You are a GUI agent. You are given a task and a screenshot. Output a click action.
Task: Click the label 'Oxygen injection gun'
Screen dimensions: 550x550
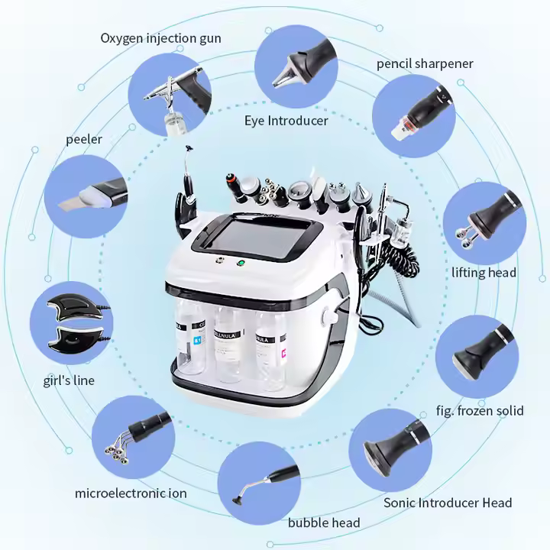click(161, 38)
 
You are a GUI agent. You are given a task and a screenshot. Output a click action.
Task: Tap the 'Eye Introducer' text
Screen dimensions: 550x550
click(286, 121)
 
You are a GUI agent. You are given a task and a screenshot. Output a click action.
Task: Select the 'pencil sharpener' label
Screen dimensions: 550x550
click(425, 63)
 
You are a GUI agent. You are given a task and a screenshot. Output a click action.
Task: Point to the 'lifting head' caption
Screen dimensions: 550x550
click(484, 273)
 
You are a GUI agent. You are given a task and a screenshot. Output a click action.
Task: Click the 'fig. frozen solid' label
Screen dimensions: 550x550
click(480, 410)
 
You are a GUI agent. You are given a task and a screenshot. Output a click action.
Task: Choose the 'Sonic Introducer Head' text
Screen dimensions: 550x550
click(448, 502)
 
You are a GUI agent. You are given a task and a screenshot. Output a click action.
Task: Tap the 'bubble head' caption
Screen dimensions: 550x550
click(324, 522)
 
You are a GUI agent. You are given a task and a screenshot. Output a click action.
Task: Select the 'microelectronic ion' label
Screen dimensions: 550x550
click(131, 493)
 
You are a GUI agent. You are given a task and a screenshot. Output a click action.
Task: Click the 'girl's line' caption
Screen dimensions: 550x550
click(70, 380)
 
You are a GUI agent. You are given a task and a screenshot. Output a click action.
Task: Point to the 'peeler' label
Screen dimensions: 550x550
click(84, 139)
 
